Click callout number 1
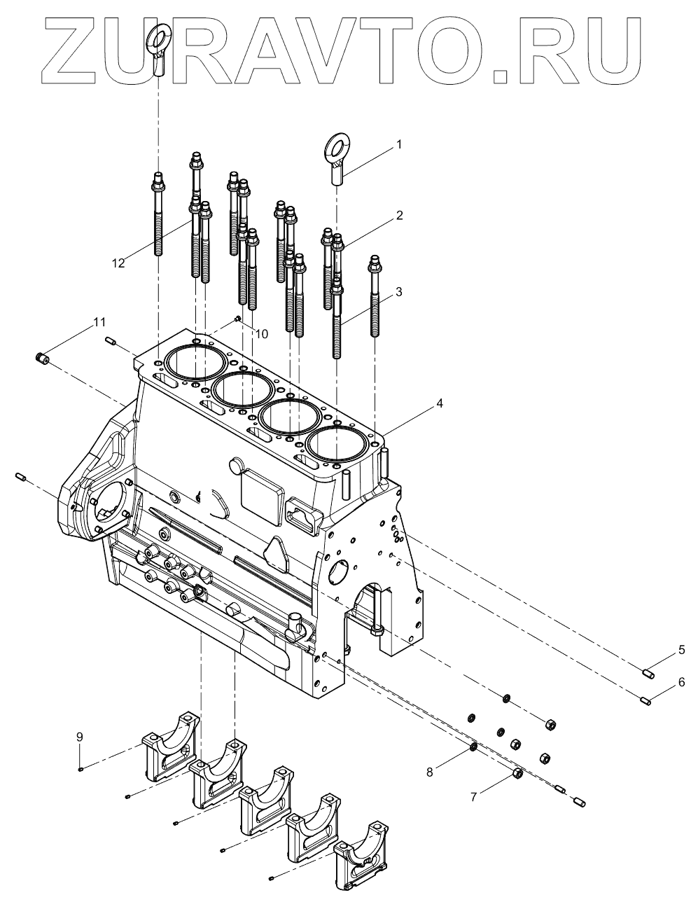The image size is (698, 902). pos(399,145)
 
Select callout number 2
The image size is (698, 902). pos(399,216)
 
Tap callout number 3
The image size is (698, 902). pos(398,292)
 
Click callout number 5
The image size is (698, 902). pos(681,651)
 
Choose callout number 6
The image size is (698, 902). pos(681,681)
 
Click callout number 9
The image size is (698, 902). pos(80,737)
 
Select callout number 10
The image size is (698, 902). pos(260,334)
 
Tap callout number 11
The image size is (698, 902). pos(99,322)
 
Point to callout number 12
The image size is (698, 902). pos(118,263)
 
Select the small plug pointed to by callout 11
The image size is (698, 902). pos(41,359)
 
